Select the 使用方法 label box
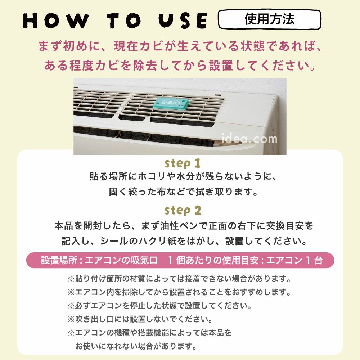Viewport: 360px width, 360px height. point(269,19)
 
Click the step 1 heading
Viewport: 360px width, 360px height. point(183,164)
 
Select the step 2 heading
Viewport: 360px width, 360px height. point(183,210)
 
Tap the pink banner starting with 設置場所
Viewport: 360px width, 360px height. point(180,260)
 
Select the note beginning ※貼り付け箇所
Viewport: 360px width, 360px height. point(179,279)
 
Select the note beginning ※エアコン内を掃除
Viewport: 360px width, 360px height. point(179,292)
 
